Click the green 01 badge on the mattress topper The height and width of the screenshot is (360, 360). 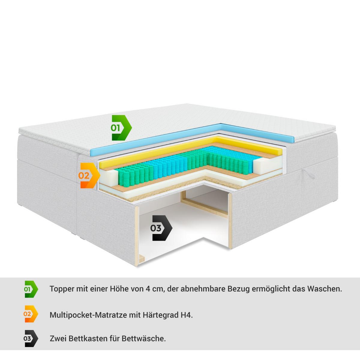(x=121, y=128)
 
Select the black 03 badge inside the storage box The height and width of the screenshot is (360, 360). (x=161, y=228)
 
